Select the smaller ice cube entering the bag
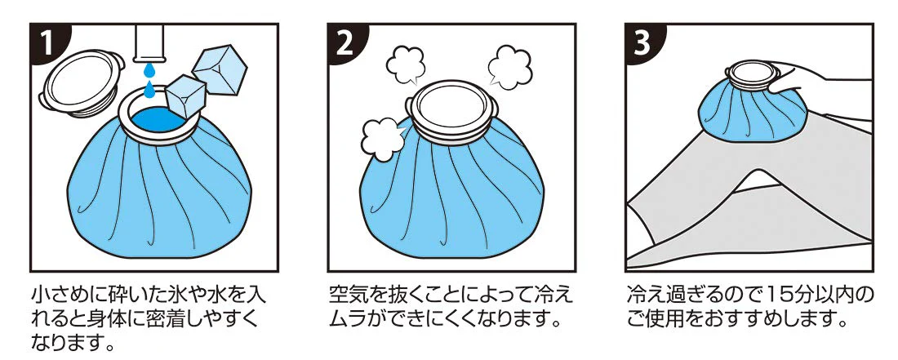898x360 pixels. pyautogui.click(x=184, y=97)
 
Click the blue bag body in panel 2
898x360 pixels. pyautogui.click(x=449, y=196)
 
